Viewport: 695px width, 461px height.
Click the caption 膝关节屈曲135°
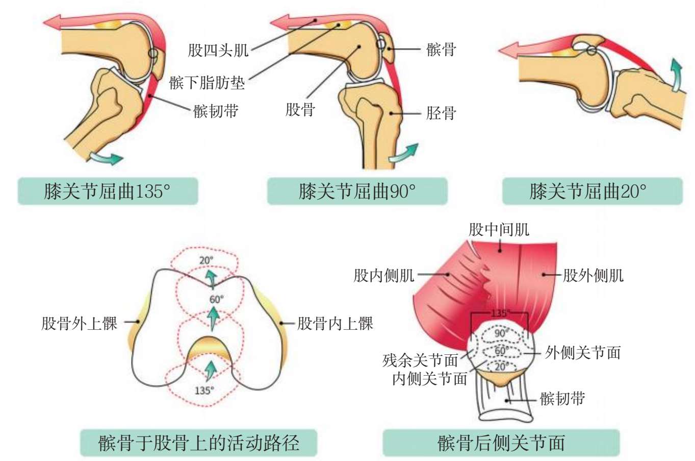pyautogui.click(x=108, y=191)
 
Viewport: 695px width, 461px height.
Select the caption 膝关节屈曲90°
pyautogui.click(x=357, y=191)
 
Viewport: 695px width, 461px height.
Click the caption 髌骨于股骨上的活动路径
pyautogui.click(x=198, y=443)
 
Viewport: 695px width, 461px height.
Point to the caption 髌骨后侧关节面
pyautogui.click(x=501, y=443)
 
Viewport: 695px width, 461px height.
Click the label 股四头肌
pyautogui.click(x=218, y=50)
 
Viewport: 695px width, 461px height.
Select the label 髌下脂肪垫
pyautogui.click(x=207, y=83)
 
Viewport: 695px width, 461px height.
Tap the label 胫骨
pyautogui.click(x=441, y=113)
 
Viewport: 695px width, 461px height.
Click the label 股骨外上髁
pyautogui.click(x=80, y=324)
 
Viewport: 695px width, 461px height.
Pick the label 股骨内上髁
pyautogui.click(x=336, y=324)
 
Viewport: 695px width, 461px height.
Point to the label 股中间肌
pyautogui.click(x=499, y=230)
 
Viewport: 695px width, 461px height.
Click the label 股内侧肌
pyautogui.click(x=383, y=276)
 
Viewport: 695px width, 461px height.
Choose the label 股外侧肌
pyautogui.click(x=593, y=276)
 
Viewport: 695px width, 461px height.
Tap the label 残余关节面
pyautogui.click(x=420, y=360)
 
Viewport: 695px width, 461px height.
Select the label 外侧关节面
pyautogui.click(x=583, y=352)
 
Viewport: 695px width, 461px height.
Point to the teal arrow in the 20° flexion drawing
pyautogui.click(x=676, y=75)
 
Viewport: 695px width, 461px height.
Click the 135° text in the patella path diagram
pyautogui.click(x=204, y=391)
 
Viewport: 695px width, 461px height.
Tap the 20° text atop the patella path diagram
pyautogui.click(x=206, y=260)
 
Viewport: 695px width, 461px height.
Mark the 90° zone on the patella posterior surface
pyautogui.click(x=501, y=333)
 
